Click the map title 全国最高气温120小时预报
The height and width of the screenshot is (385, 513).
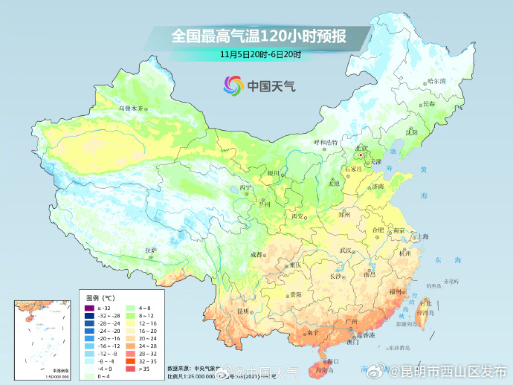coord(259,36)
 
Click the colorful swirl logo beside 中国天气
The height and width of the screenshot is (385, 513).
coord(232,85)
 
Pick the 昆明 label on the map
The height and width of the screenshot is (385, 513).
coord(242,311)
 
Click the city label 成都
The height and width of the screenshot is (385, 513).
coord(256,254)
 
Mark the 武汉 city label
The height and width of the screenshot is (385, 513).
coord(343,250)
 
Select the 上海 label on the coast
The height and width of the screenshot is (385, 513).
coord(423,236)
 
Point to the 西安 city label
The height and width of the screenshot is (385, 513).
coord(298,216)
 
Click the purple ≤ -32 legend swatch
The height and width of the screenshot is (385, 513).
coord(88,308)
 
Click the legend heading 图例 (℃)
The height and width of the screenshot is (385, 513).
coord(98,298)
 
